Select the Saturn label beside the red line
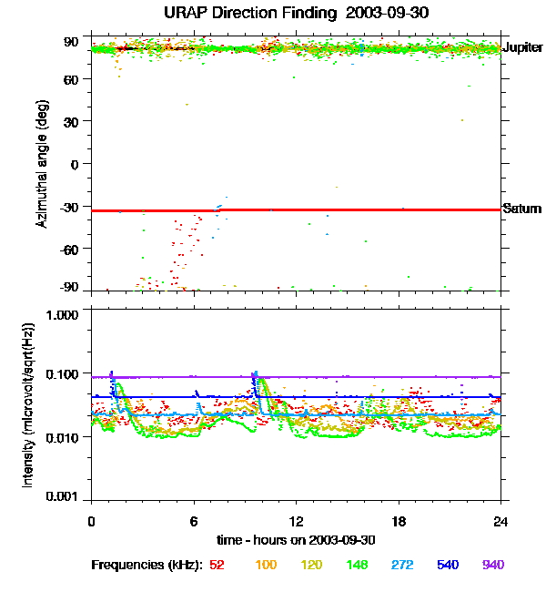click(522, 209)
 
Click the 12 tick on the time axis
click(296, 521)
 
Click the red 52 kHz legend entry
click(217, 565)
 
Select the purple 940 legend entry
click(491, 565)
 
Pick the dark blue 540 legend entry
click(448, 565)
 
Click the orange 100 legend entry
click(266, 565)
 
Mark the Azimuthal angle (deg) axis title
click(42, 164)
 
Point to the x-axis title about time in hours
click(296, 539)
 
